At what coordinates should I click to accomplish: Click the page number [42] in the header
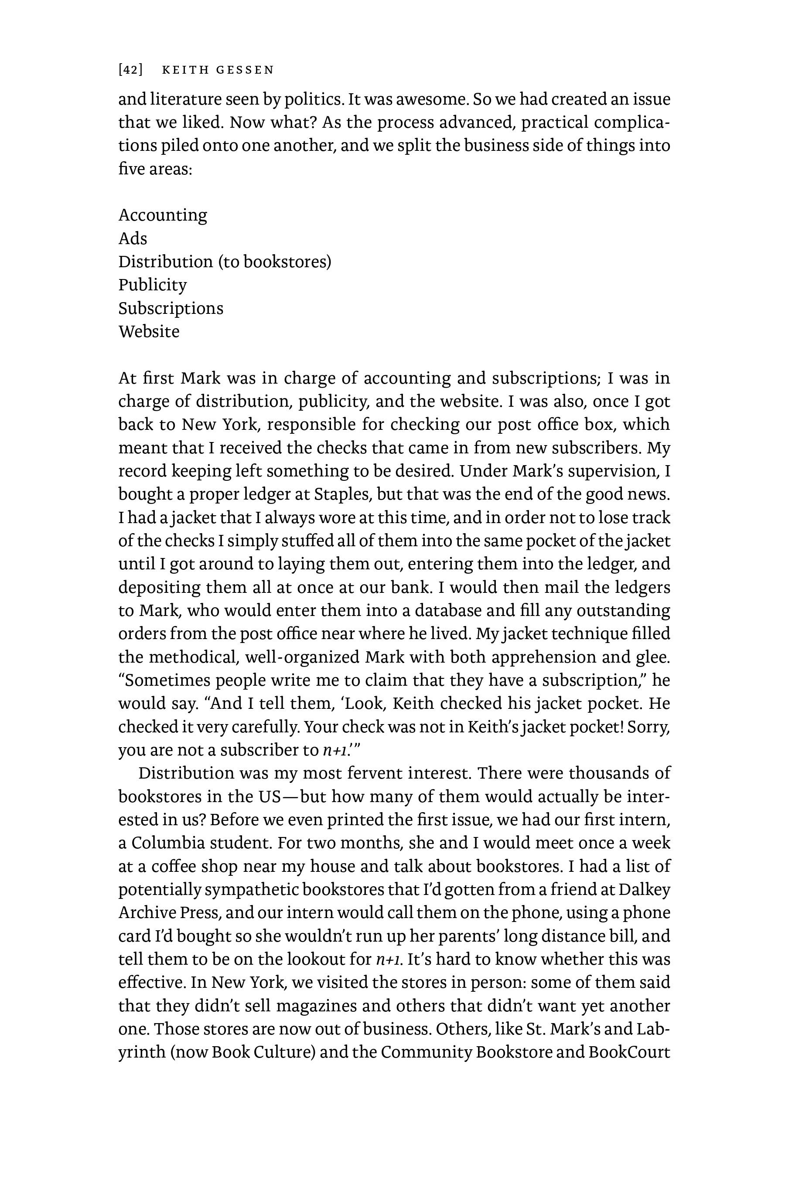[130, 70]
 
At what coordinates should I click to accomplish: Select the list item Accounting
[163, 215]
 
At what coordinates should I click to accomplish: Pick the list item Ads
[133, 238]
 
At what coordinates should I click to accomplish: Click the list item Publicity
[152, 285]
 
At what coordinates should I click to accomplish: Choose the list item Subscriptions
[171, 308]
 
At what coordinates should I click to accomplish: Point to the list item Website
[149, 331]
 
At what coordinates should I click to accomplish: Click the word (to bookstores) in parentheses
[275, 262]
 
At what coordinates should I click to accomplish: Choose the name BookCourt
[629, 1052]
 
